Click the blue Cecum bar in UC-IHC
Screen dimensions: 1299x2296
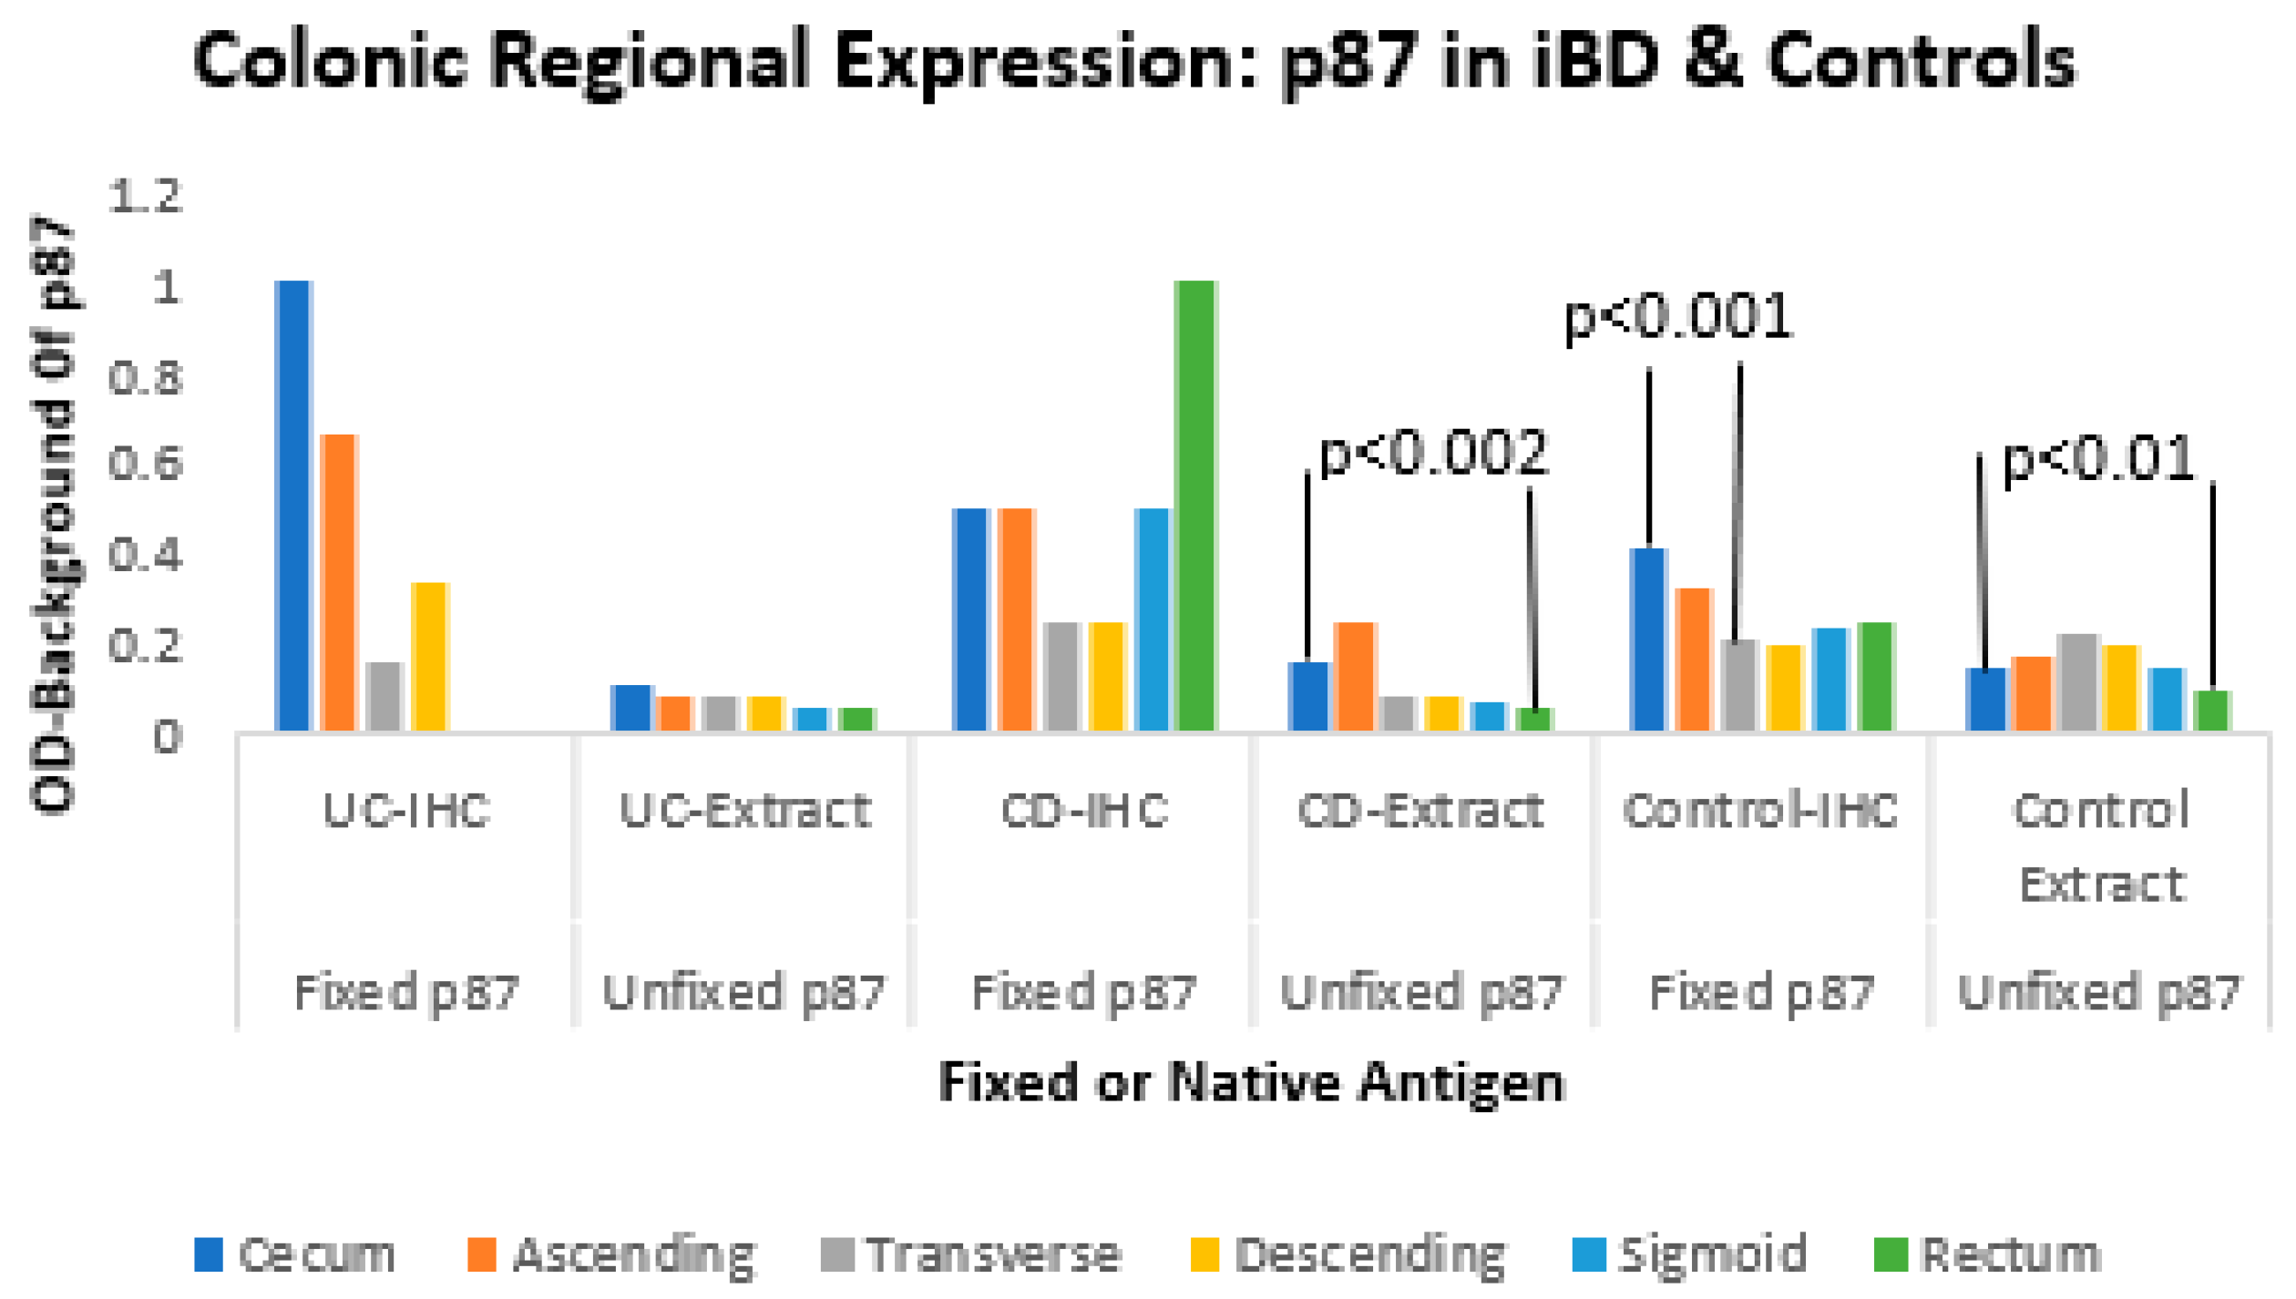point(293,506)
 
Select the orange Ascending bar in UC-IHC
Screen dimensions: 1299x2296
point(339,583)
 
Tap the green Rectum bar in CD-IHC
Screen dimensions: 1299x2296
point(1195,506)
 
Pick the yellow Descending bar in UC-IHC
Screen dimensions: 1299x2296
point(430,656)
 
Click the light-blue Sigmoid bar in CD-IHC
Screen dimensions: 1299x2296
point(1152,619)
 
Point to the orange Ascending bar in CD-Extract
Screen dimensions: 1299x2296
point(1355,676)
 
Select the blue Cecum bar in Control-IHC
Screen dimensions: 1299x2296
point(1648,639)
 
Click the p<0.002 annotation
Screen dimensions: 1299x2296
point(1433,453)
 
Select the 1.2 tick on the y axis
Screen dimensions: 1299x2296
point(146,196)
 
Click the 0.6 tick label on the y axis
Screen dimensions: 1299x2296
point(146,464)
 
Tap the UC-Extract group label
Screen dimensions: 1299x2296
point(744,810)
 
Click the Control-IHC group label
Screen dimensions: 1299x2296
point(1760,810)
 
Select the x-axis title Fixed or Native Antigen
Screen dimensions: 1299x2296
point(1251,1082)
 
